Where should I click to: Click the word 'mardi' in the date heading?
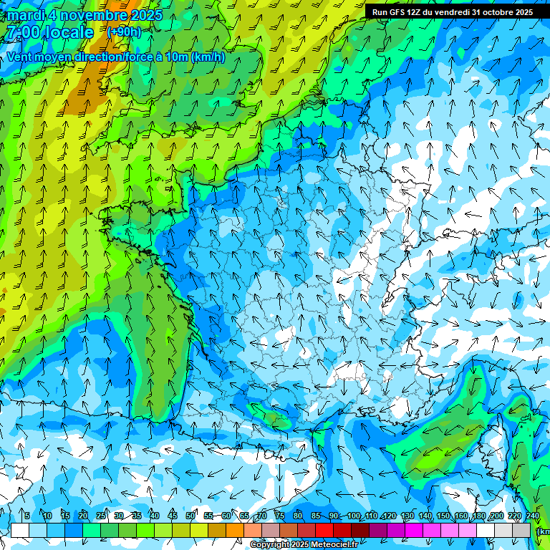tap(26, 15)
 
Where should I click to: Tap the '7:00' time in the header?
tap(24, 32)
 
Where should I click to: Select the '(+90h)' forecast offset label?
tap(124, 32)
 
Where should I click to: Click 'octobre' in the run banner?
tap(496, 12)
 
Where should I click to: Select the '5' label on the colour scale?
tap(26, 516)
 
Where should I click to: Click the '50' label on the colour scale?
tap(190, 516)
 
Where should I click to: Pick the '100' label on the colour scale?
tap(354, 516)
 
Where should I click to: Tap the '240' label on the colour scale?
tap(533, 516)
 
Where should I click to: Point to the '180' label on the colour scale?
tap(478, 516)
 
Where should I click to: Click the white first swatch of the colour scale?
tap(20, 531)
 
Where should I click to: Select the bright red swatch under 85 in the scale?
tap(324, 531)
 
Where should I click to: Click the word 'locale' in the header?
tap(69, 32)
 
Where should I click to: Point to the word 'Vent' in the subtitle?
tap(19, 57)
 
